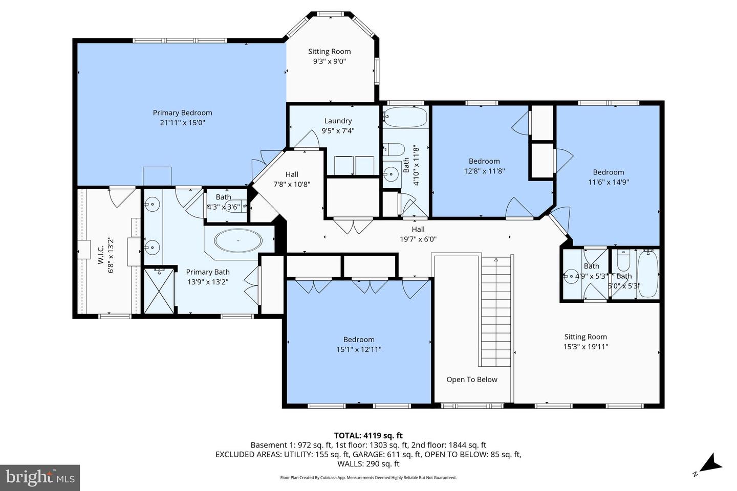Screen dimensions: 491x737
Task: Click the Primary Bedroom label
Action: coord(182,113)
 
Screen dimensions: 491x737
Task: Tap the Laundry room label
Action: coord(338,121)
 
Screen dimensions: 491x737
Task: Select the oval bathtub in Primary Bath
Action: coord(238,240)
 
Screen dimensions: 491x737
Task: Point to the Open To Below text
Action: coord(471,380)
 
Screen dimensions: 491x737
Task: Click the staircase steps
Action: coord(495,312)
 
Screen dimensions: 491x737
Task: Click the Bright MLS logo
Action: coord(39,478)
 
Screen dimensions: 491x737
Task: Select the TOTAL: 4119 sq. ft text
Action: coord(368,436)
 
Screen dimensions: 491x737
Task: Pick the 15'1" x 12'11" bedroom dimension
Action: coord(359,349)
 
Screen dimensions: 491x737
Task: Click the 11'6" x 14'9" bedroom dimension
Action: coord(609,182)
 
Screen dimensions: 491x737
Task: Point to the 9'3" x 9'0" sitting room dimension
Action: coord(330,61)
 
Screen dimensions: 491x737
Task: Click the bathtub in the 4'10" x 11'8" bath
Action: coord(405,117)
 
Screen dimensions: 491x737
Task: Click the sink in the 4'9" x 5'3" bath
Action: coord(570,276)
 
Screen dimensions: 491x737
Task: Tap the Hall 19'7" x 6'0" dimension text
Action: coord(418,239)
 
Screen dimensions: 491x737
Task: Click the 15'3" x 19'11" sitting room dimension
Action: coord(586,347)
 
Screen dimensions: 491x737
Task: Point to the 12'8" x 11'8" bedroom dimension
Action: coord(484,171)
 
